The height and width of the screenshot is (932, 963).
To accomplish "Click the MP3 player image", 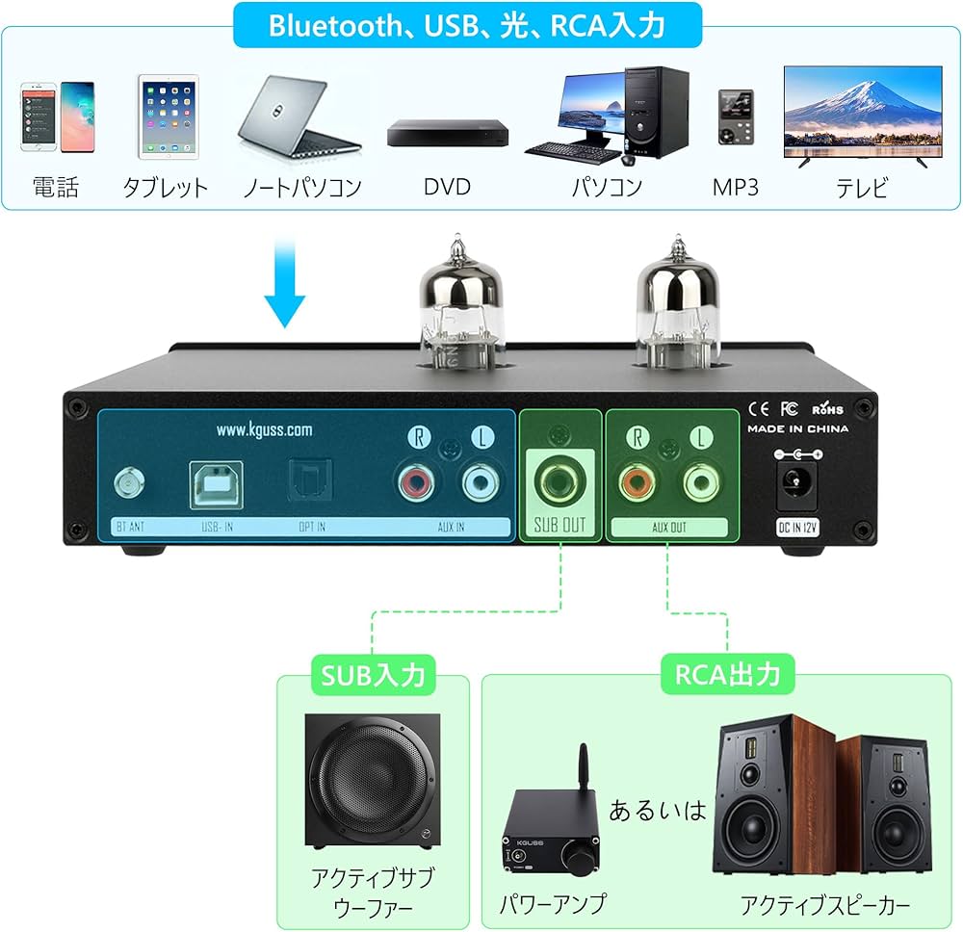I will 735,116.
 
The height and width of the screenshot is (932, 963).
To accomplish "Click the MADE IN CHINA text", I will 798,428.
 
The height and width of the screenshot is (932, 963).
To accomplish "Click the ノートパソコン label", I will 302,186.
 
